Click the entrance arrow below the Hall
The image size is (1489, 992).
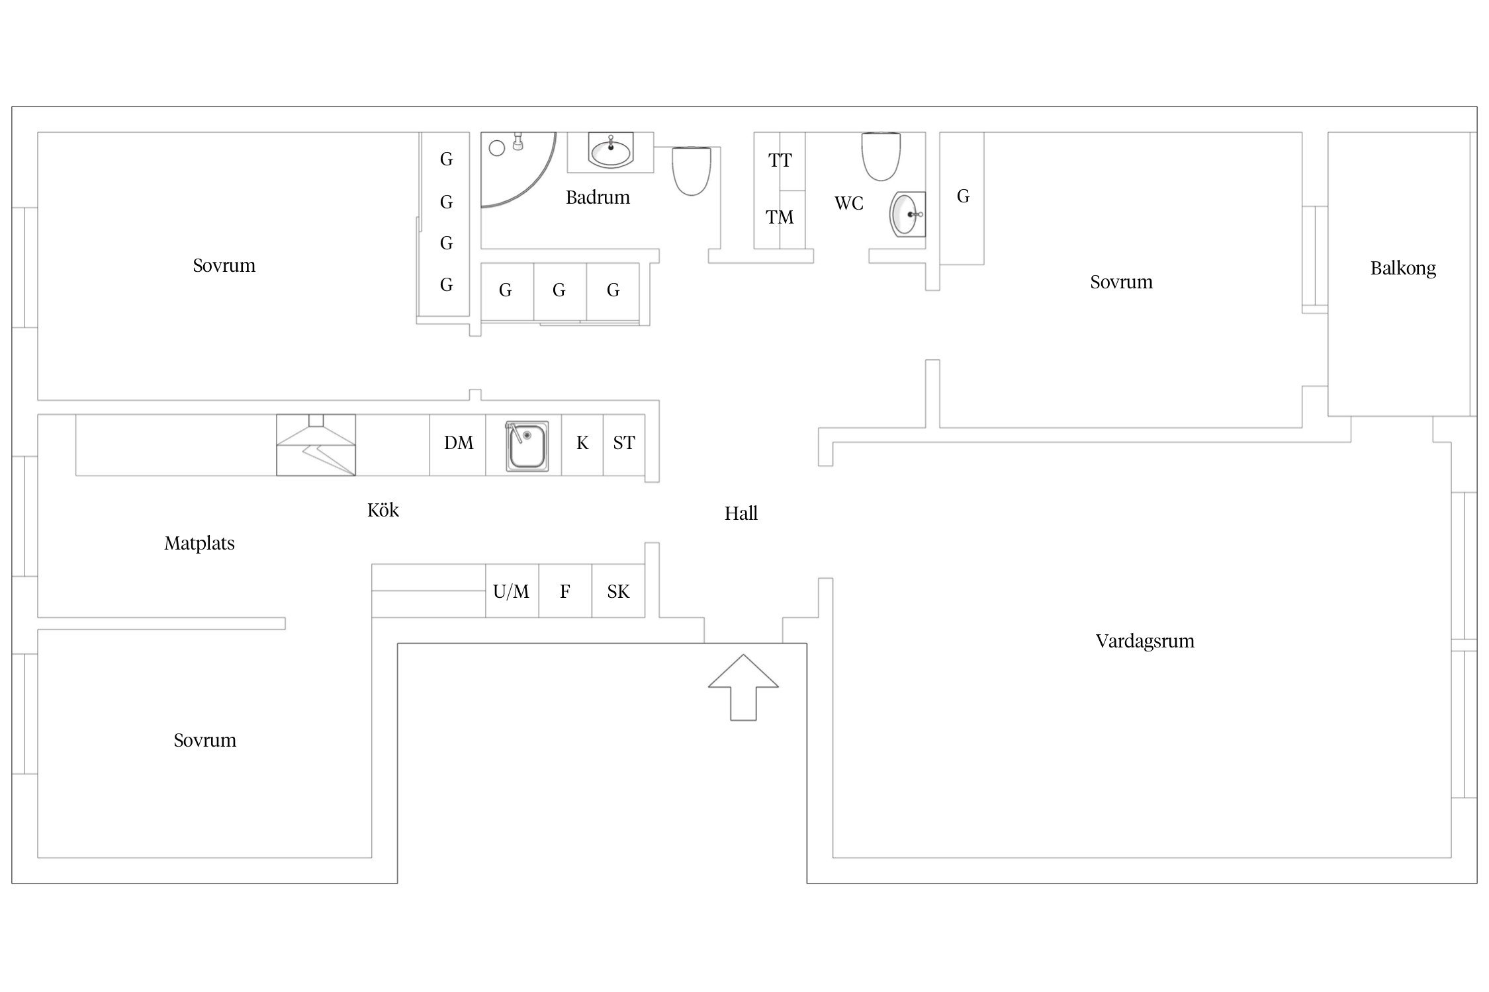(743, 688)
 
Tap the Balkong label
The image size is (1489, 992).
(1403, 269)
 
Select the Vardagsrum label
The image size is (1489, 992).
(1145, 641)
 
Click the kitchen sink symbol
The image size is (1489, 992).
(527, 446)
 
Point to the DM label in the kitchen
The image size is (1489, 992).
(459, 442)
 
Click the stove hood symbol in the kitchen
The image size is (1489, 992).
(316, 444)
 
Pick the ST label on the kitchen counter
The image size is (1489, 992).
(624, 442)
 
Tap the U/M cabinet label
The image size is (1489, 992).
(511, 591)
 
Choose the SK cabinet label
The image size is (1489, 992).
(618, 591)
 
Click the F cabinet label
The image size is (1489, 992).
(564, 591)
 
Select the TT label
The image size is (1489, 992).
(780, 160)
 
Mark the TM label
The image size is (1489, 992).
(780, 217)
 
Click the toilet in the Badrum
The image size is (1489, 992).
(692, 171)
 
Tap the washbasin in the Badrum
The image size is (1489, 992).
(610, 151)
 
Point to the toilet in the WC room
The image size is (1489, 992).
(881, 156)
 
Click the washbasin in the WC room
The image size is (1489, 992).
(907, 214)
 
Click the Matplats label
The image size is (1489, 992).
(199, 544)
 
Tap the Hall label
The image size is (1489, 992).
(741, 513)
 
